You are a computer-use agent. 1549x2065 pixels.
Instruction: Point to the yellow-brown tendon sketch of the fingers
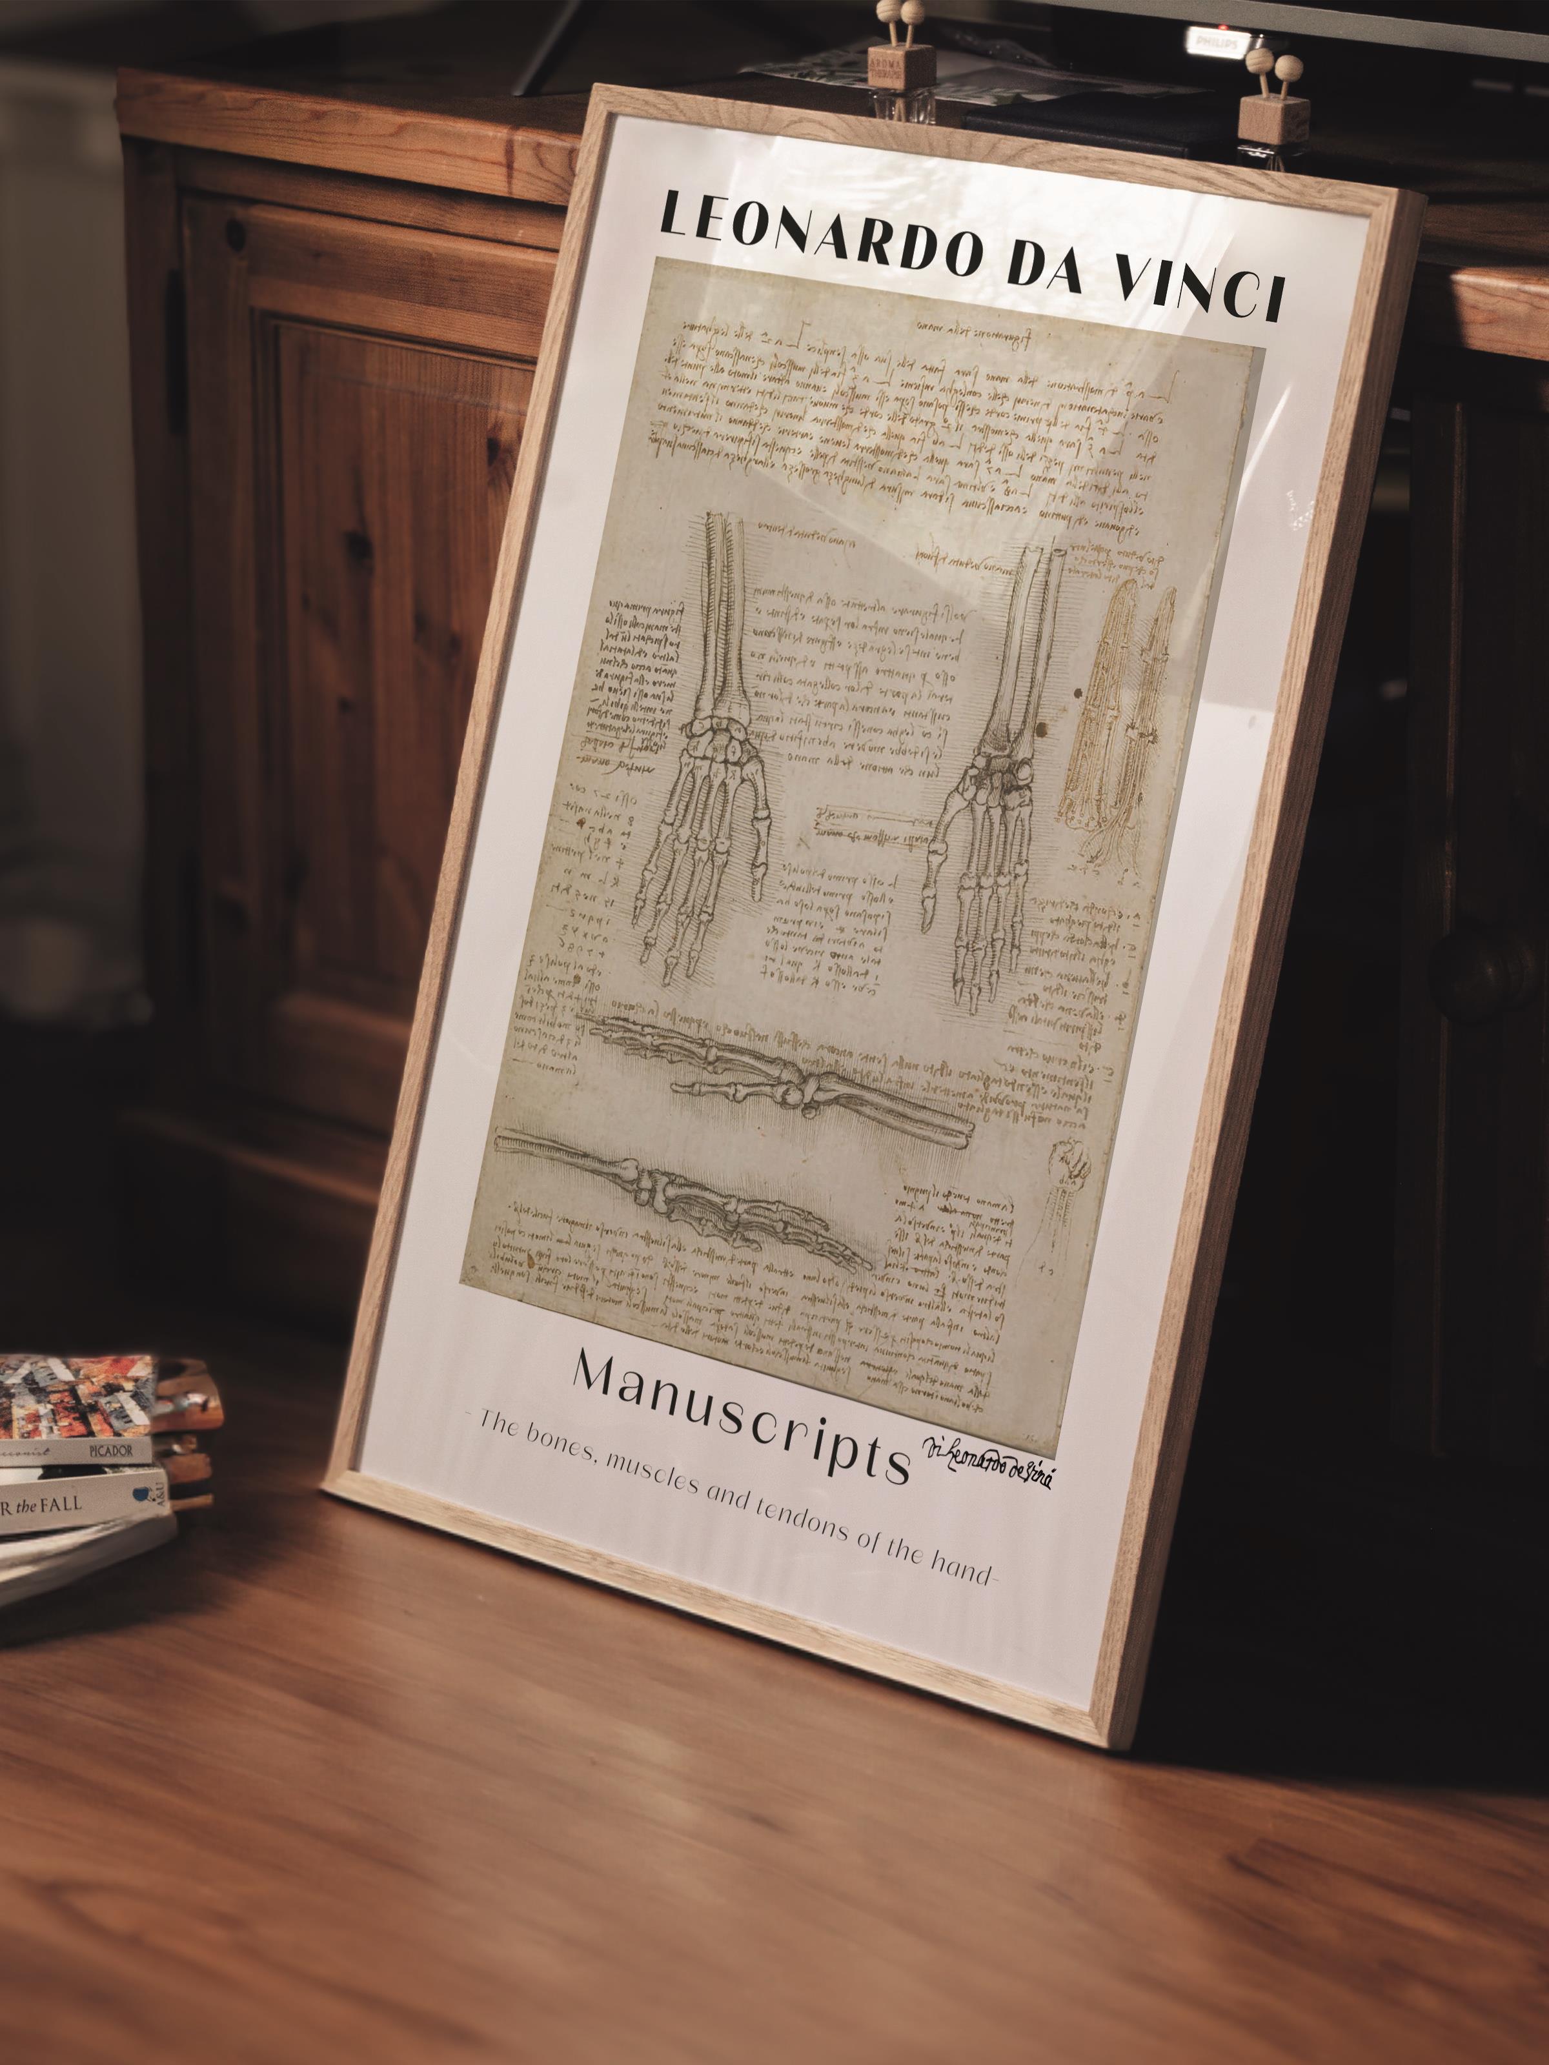pos(1120,719)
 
